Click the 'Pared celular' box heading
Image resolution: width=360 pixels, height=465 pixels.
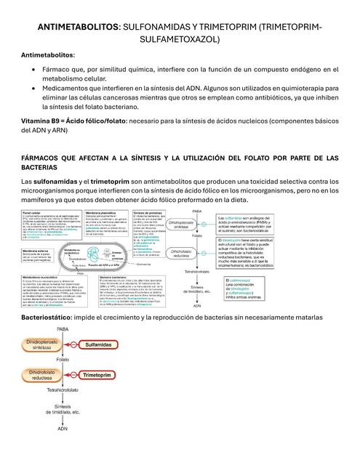(x=36, y=213)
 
